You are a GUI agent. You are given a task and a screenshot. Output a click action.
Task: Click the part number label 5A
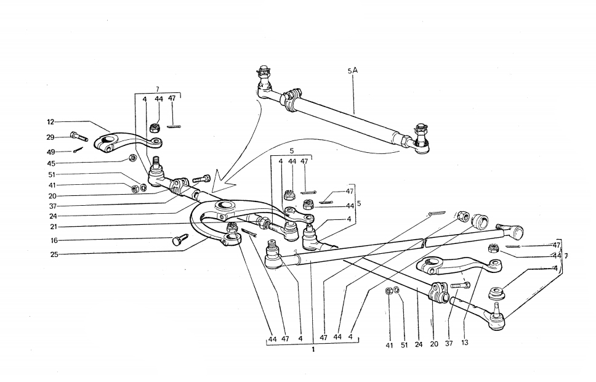(x=352, y=71)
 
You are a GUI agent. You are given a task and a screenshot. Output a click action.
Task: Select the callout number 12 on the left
(x=51, y=122)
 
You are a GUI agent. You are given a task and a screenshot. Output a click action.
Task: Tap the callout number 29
(x=50, y=137)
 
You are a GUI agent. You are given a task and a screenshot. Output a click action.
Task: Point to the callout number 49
(x=50, y=152)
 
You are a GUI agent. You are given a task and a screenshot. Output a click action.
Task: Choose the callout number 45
(x=50, y=163)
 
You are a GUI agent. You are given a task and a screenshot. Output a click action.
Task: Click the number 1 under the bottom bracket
(x=313, y=350)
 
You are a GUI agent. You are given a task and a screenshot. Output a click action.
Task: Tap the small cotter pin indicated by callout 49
(x=76, y=149)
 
